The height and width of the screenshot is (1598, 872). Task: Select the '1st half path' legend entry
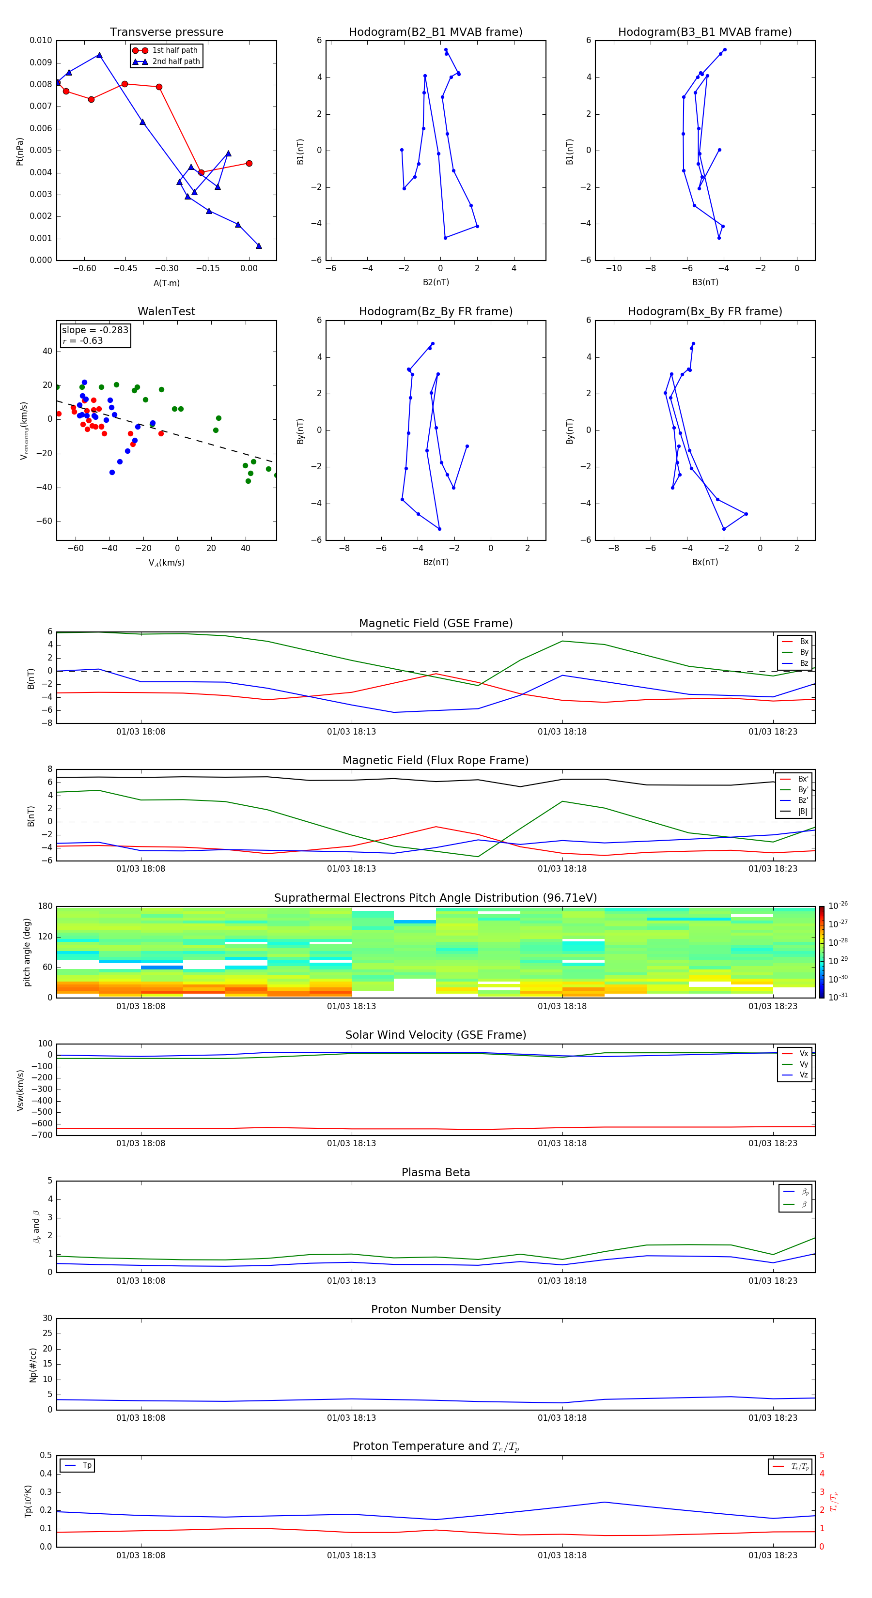tap(174, 50)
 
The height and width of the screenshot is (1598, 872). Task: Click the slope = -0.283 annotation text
tap(95, 330)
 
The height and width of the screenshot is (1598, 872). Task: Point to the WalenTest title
tap(166, 311)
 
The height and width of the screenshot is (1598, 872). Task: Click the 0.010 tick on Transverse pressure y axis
tap(41, 40)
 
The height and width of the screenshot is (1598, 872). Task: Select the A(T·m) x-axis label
tap(166, 283)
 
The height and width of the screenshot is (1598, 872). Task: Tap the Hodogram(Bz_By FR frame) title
tap(436, 311)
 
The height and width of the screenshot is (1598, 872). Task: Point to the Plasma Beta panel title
tap(436, 1172)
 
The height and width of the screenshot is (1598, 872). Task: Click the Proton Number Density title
tap(436, 1309)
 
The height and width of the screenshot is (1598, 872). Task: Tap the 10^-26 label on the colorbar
tap(838, 906)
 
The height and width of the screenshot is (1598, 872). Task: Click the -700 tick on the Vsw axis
tap(44, 1135)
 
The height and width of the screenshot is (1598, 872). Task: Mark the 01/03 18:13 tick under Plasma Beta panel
tap(351, 1280)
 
